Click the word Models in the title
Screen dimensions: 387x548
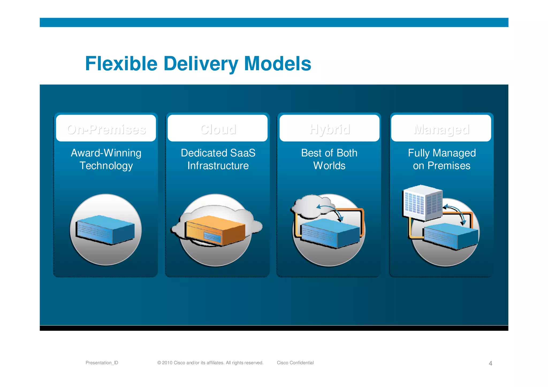277,64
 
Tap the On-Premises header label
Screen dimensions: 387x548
106,129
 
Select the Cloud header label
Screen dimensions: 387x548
218,129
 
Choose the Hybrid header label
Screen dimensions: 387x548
329,129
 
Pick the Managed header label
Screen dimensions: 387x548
441,129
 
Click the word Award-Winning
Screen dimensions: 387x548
106,153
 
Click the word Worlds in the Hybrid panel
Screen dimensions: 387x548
329,166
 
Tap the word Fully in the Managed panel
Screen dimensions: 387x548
419,153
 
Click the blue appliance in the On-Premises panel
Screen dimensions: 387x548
105,229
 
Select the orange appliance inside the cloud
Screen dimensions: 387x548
215,230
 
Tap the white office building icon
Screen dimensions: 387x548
423,202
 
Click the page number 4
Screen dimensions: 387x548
490,363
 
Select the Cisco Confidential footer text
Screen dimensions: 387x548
295,363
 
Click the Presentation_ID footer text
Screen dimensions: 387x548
102,363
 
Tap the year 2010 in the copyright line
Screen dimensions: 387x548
167,363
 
